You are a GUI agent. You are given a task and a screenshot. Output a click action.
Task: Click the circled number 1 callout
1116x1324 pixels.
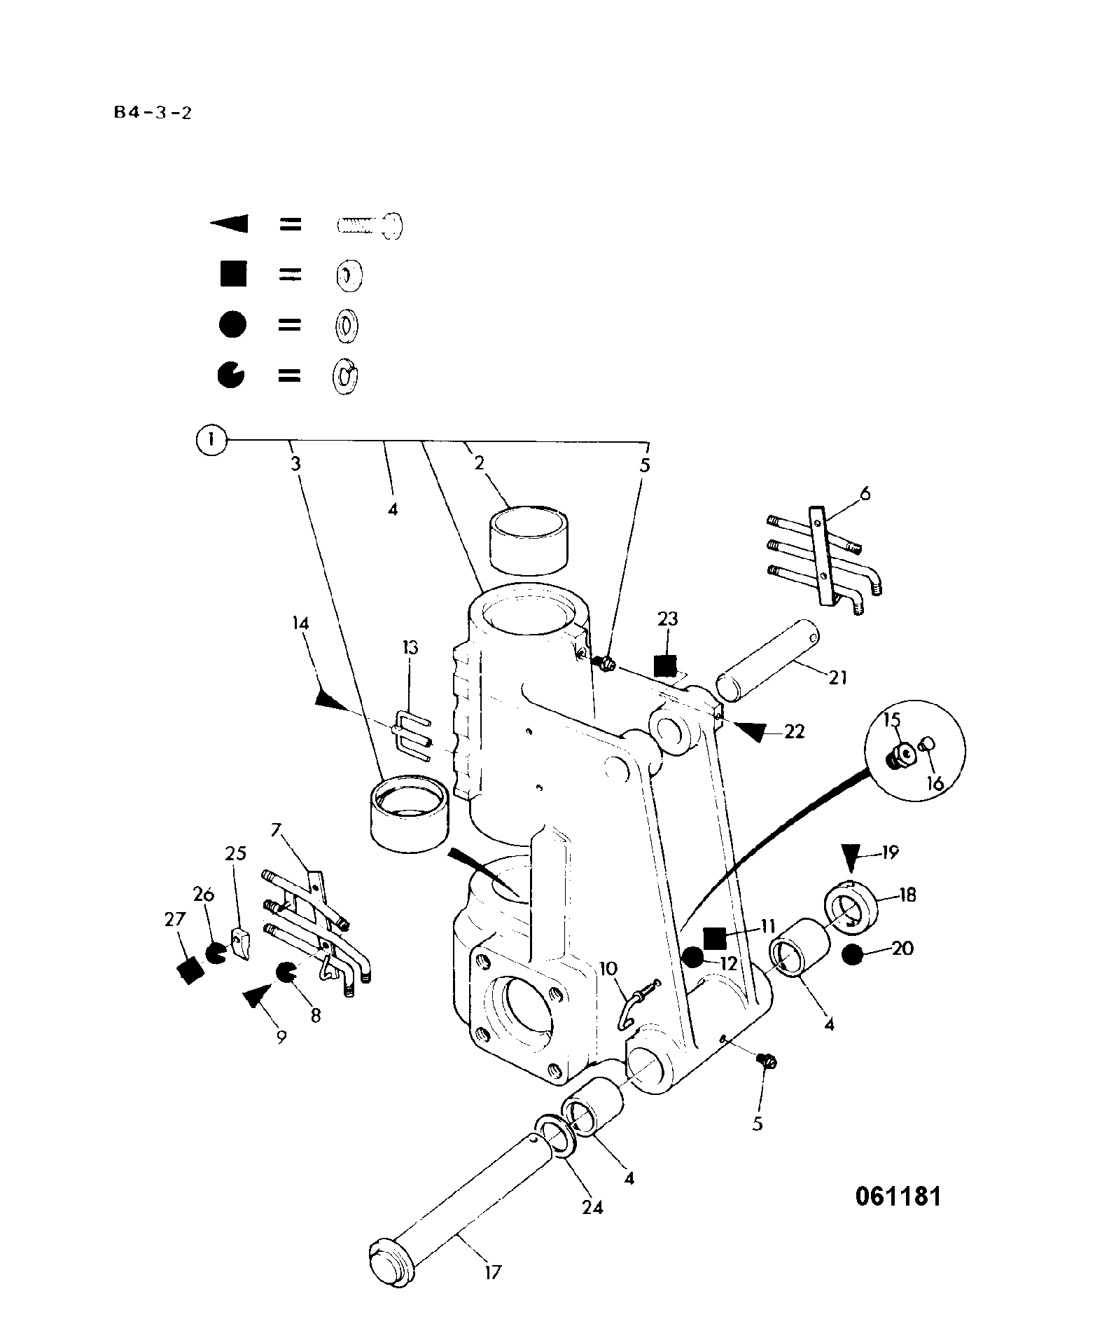[213, 441]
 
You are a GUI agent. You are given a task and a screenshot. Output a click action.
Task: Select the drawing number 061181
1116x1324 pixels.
[898, 1196]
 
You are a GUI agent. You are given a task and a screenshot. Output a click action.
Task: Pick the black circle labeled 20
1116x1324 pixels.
[852, 954]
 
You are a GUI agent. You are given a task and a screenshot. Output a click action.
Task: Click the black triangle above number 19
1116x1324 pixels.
[851, 857]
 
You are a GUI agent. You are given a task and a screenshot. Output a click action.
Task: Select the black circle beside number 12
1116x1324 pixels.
[692, 957]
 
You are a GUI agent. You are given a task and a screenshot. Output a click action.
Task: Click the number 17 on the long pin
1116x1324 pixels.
[493, 1271]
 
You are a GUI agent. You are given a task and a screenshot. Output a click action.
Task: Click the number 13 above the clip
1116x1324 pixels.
[410, 647]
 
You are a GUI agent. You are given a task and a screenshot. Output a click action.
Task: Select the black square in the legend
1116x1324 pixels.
[233, 273]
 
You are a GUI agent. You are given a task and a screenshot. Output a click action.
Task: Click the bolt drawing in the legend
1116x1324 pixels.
[370, 225]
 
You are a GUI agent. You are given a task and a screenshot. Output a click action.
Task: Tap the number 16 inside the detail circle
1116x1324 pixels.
[935, 782]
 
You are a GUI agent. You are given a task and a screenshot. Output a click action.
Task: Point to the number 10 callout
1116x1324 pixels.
[608, 968]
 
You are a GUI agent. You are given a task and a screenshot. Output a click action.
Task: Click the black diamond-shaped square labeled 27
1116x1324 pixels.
[190, 970]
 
